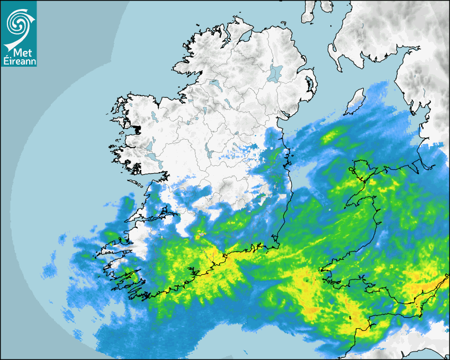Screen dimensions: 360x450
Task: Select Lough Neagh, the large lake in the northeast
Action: pyautogui.click(x=275, y=73)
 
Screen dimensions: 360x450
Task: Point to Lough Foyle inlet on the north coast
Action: pyautogui.click(x=244, y=37)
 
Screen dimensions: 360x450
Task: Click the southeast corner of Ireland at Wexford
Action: pyautogui.click(x=273, y=242)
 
